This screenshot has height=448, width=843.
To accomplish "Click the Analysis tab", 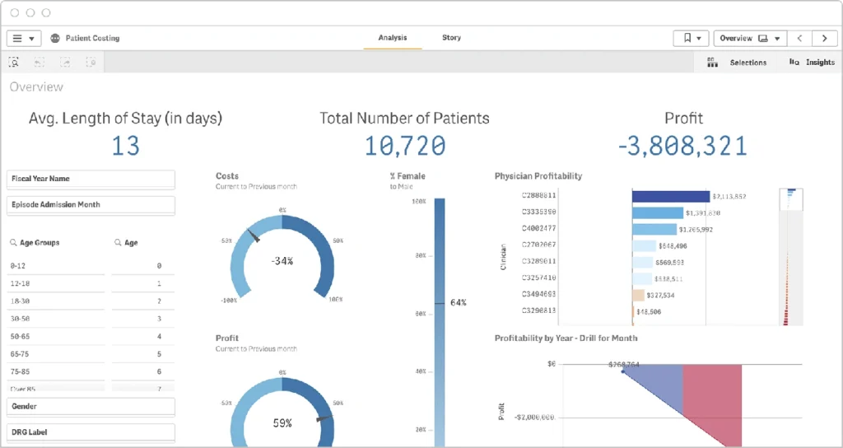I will tap(393, 38).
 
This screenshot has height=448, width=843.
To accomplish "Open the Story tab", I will tap(451, 38).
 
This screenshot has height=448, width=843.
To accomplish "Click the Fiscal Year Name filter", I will tap(91, 179).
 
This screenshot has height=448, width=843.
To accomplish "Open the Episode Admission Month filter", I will tap(91, 205).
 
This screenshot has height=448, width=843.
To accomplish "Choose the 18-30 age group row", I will tap(56, 301).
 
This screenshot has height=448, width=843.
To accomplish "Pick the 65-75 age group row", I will tap(56, 353).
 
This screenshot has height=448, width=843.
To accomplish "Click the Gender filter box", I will tap(91, 407).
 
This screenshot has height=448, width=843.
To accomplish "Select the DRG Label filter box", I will tap(91, 432).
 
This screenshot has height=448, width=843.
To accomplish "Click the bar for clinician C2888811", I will tap(670, 196).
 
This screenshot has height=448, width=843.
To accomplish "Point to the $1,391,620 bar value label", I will tap(704, 212).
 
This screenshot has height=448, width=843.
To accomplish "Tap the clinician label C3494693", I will tap(538, 294).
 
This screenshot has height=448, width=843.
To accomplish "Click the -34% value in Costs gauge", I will tap(282, 261).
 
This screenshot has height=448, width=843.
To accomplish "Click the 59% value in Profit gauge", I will tap(282, 423).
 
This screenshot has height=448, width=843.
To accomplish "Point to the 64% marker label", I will tap(459, 303).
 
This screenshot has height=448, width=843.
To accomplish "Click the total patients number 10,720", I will tap(404, 147).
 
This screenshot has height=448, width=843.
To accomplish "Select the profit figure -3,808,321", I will tap(682, 147).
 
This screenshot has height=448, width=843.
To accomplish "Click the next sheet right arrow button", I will tap(824, 39).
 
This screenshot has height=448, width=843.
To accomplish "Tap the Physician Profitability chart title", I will tap(538, 176).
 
